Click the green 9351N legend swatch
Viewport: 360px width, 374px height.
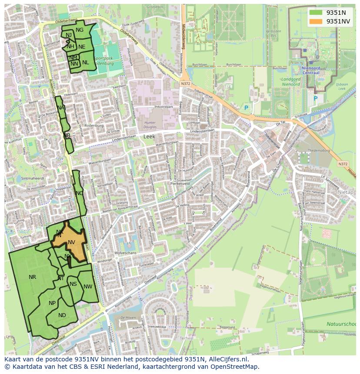click(x=316, y=13)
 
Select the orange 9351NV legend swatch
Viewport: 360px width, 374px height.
click(x=316, y=21)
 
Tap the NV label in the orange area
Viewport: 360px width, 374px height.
click(x=72, y=242)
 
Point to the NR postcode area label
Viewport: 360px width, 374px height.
click(x=32, y=277)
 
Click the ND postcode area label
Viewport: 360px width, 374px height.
click(x=62, y=315)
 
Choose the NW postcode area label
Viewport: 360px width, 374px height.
click(x=88, y=287)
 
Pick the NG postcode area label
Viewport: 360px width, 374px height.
click(x=80, y=30)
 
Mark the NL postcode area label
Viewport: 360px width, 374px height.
click(x=86, y=63)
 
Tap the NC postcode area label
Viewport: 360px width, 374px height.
click(x=79, y=193)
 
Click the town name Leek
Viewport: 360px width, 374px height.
click(x=149, y=136)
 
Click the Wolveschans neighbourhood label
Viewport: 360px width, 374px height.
click(x=124, y=252)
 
